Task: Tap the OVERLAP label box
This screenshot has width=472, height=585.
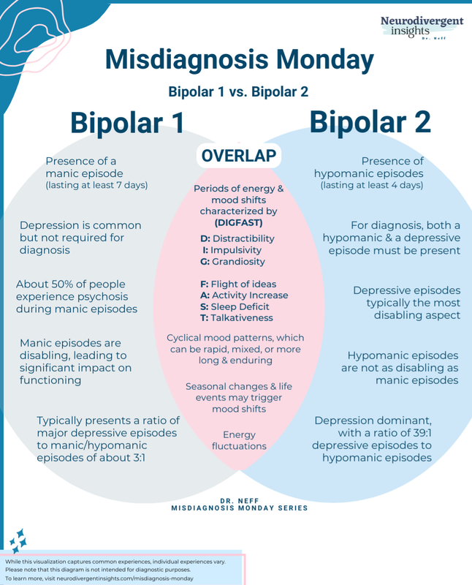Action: (239, 156)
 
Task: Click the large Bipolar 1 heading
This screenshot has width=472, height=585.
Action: (127, 123)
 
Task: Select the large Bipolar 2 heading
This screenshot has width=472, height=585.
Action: (370, 122)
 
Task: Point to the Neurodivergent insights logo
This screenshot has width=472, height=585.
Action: (422, 27)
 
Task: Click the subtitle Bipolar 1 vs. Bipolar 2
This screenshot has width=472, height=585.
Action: (238, 92)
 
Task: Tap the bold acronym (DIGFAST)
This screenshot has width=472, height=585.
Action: (239, 223)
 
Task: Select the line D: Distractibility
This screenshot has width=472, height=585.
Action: (237, 238)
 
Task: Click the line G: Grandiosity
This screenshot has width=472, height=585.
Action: (232, 262)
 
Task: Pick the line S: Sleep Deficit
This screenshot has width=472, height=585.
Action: (235, 306)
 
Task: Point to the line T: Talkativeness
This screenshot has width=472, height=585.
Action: (237, 318)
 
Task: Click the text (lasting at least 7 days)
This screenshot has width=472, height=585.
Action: (96, 185)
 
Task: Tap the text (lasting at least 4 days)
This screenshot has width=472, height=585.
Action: (372, 185)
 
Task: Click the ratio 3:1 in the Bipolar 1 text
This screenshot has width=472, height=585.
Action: (138, 458)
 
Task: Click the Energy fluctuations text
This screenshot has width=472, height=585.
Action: (239, 440)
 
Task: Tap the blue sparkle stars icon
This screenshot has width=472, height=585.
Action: (18, 540)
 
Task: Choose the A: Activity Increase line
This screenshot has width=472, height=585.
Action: (244, 295)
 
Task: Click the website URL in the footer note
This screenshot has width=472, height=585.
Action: (125, 578)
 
